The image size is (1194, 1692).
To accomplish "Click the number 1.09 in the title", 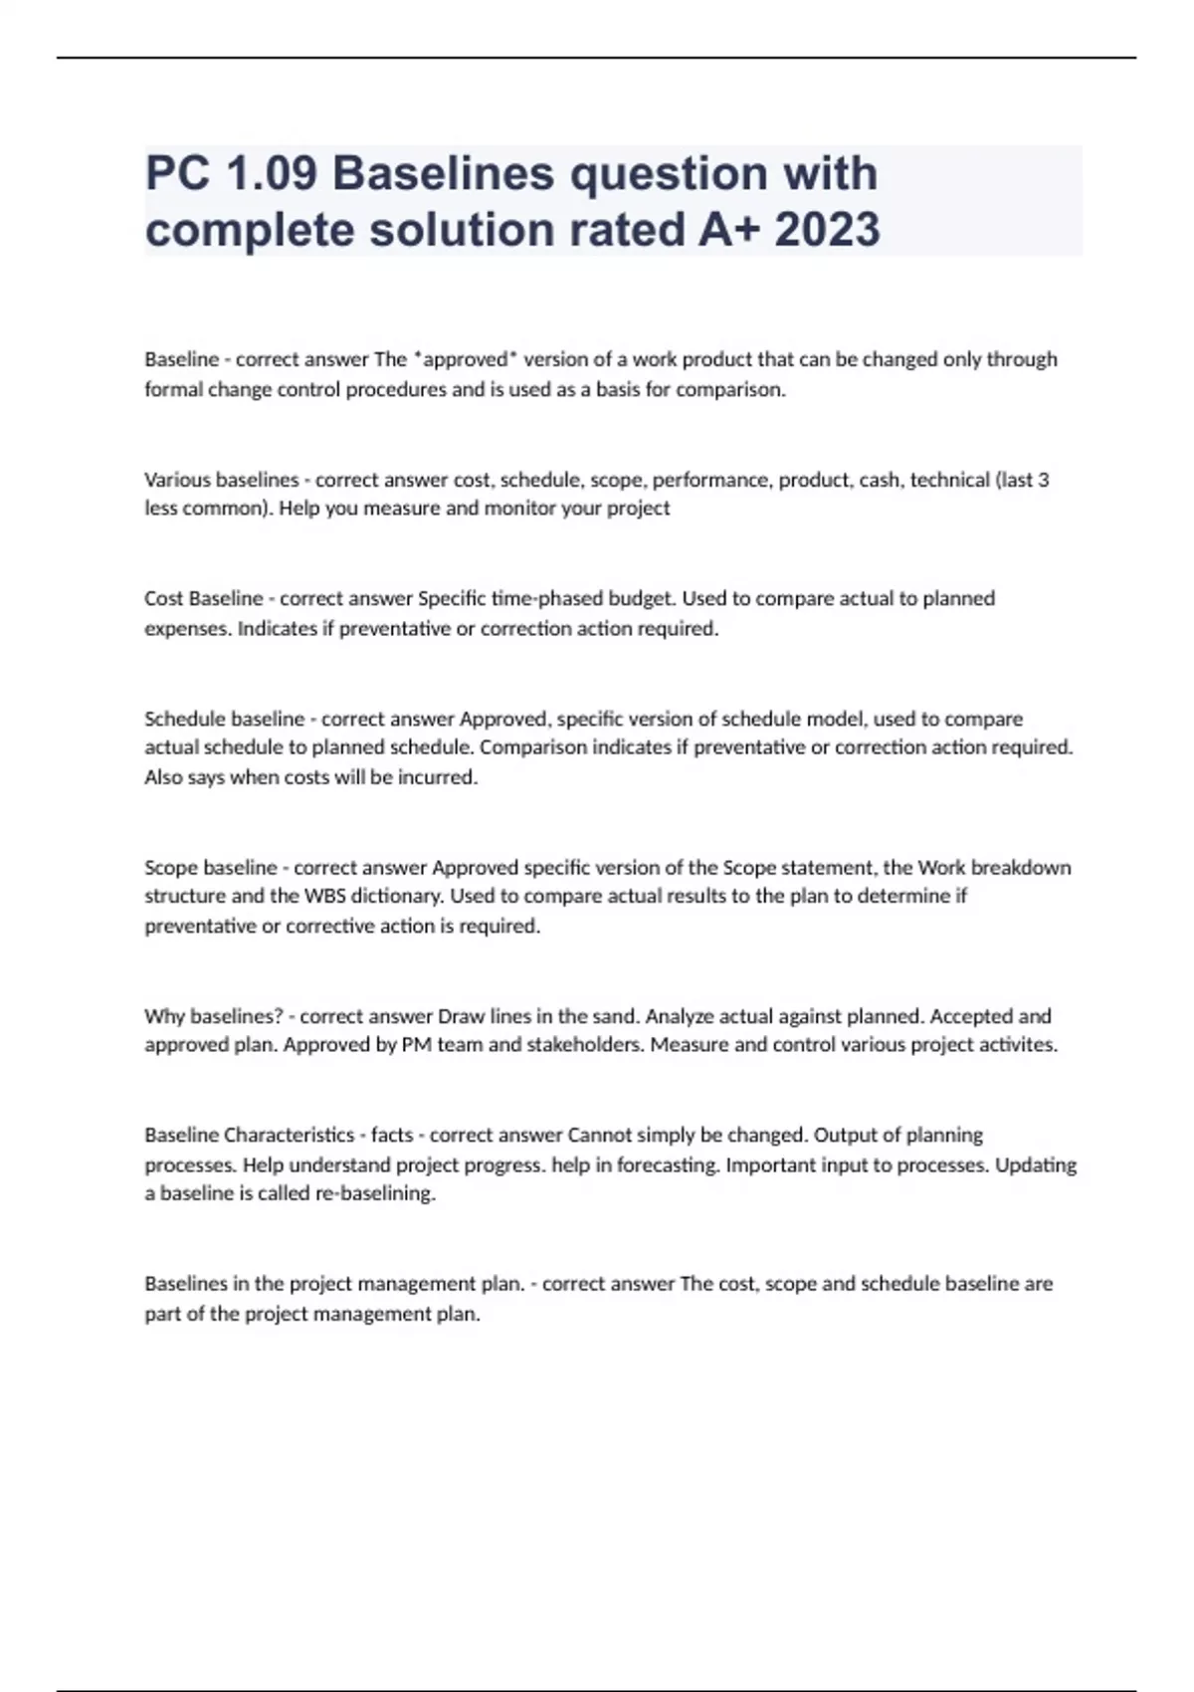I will pos(271,174).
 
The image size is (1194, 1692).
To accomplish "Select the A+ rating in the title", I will pos(729,230).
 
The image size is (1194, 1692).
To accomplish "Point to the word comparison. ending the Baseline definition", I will pos(730,389).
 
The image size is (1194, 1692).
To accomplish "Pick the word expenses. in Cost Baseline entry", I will pos(187,629).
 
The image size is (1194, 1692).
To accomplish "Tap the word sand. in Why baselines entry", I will pos(616,1016).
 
